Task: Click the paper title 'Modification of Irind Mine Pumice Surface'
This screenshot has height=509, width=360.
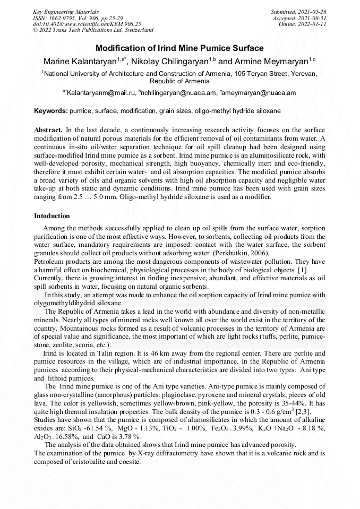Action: point(179,48)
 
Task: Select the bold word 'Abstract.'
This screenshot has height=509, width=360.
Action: point(49,130)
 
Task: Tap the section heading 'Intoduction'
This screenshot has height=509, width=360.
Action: point(52,216)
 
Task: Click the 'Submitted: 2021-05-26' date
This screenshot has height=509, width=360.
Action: point(299,12)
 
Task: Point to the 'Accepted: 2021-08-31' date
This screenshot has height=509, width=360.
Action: point(300,18)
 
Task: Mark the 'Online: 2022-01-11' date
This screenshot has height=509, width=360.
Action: point(303,24)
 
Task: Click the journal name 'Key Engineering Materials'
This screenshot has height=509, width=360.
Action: point(66,12)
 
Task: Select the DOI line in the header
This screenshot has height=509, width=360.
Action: point(87,24)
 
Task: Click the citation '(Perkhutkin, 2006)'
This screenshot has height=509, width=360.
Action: point(244,254)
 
